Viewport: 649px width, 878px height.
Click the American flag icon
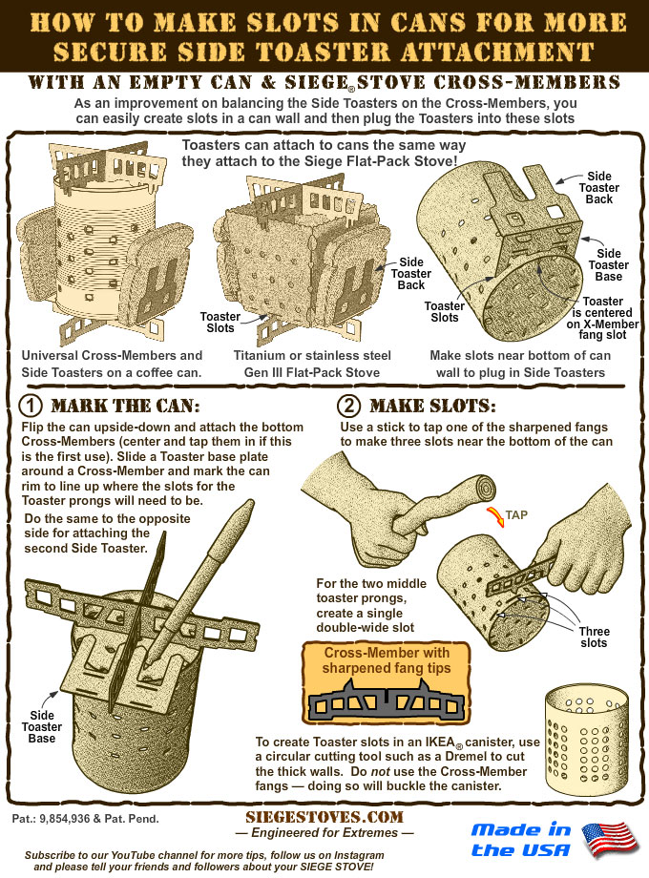pyautogui.click(x=610, y=840)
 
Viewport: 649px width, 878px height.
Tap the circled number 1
pyautogui.click(x=31, y=406)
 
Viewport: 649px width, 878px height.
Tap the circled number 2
pyautogui.click(x=349, y=406)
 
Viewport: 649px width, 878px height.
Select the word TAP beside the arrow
pyautogui.click(x=516, y=515)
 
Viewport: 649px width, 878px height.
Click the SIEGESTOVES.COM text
pyautogui.click(x=324, y=817)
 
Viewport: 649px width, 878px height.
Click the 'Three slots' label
pyautogui.click(x=595, y=638)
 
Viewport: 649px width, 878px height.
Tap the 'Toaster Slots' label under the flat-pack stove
pyautogui.click(x=220, y=323)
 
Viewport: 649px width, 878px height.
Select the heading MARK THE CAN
pyautogui.click(x=125, y=406)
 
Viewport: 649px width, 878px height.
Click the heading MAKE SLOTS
pyautogui.click(x=432, y=406)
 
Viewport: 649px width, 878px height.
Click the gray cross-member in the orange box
pyautogui.click(x=387, y=699)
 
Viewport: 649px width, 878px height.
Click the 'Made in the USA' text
pyautogui.click(x=521, y=840)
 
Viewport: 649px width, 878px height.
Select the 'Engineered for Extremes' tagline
pyautogui.click(x=324, y=832)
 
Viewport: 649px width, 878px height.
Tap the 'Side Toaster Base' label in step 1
pyautogui.click(x=42, y=727)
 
